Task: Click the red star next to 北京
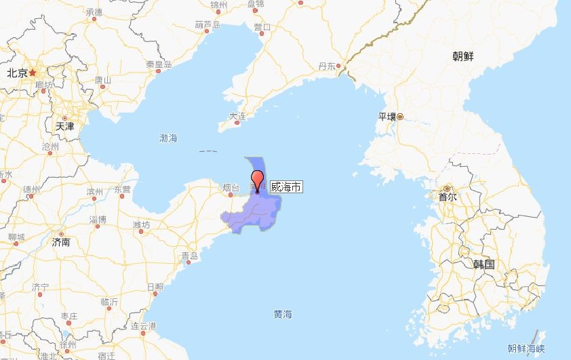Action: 31,71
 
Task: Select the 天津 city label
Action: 65,126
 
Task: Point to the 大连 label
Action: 237,116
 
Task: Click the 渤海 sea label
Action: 168,138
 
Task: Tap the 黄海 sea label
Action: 283,315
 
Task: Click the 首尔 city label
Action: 448,197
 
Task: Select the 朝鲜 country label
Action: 463,56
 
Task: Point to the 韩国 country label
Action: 484,264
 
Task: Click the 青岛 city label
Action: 189,256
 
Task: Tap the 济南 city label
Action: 61,241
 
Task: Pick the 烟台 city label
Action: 231,187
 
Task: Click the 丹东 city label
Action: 327,66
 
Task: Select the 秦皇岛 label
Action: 159,64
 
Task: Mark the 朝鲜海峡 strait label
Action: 526,348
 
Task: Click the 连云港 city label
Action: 143,326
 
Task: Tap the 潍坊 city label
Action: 141,224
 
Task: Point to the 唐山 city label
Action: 103,79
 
